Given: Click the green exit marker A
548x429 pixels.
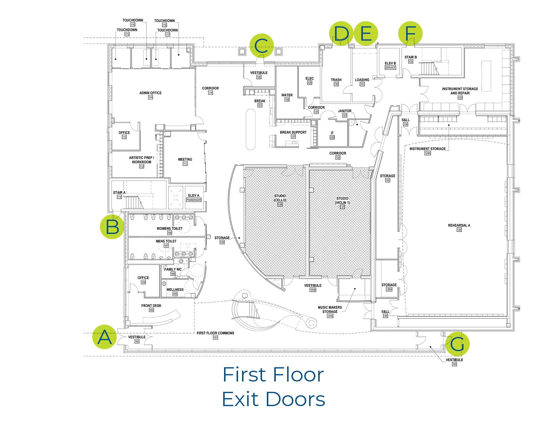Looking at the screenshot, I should tap(104, 337).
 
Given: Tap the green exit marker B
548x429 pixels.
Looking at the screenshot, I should tap(112, 227).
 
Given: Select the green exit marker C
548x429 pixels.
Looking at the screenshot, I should tap(261, 46).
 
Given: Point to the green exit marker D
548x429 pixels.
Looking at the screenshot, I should tap(341, 33).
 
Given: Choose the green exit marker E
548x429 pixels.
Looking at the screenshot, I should tap(366, 33).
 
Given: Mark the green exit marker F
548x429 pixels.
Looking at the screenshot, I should tap(410, 33).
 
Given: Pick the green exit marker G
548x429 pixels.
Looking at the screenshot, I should tap(457, 343).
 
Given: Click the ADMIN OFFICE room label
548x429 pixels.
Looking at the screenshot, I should tap(150, 93).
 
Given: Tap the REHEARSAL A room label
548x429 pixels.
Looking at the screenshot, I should tap(459, 225).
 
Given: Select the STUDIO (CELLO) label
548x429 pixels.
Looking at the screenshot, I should tap(280, 198).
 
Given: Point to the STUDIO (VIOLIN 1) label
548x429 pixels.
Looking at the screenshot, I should tap(342, 200).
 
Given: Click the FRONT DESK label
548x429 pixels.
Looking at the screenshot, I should tap(151, 306).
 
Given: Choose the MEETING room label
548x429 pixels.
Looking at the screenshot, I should tap(185, 160).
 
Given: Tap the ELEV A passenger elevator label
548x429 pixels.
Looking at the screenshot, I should tap(194, 196).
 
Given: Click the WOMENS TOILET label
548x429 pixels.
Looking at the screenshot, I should tap(170, 229).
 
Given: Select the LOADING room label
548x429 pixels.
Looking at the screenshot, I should tap(362, 80).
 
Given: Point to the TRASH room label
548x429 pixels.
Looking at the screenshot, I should tap(336, 80).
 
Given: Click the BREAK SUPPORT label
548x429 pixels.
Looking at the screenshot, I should tap(293, 132).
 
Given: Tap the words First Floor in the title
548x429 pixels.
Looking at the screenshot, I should tap(273, 375).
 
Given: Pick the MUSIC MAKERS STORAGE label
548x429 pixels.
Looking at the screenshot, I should tap(330, 309).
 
